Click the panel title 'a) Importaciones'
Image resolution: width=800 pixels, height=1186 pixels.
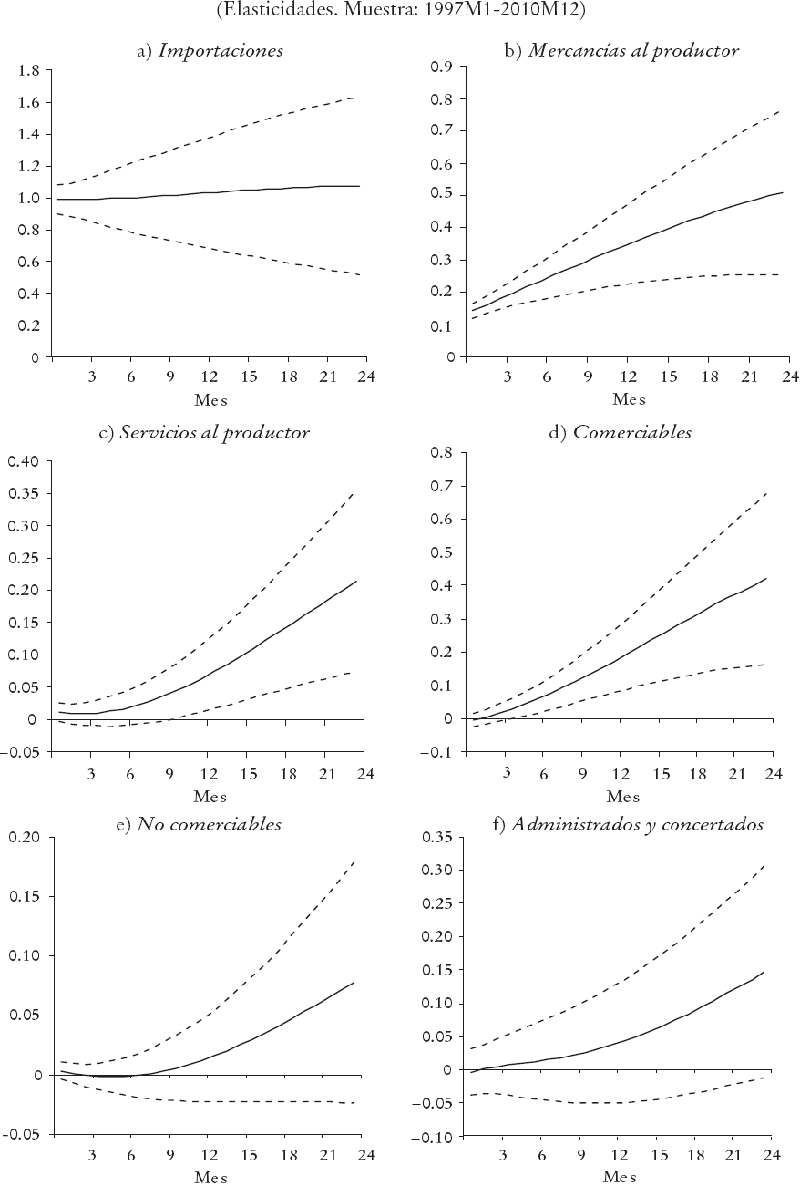pos(210,51)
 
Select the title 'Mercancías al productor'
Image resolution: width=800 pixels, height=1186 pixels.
pos(621,51)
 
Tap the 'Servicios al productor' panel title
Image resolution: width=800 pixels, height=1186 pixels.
pos(204,432)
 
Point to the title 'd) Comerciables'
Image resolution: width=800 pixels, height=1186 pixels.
pos(620,432)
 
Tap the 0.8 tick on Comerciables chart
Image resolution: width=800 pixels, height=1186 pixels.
pos(441,452)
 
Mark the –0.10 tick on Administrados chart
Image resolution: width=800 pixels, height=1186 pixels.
pos(434,1137)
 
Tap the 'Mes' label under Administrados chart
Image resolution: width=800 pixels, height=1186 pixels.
pos(621,1177)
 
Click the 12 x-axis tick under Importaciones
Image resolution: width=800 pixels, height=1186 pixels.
pos(210,376)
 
